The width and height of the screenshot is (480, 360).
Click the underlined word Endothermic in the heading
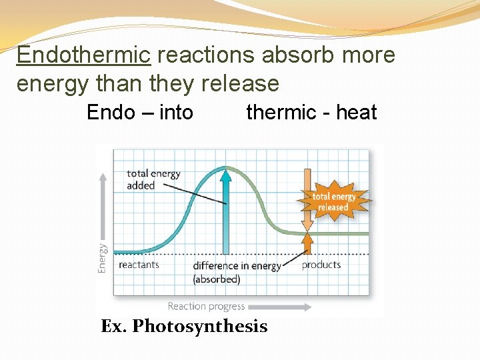[x=83, y=55]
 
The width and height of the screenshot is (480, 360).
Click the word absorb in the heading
[x=291, y=55]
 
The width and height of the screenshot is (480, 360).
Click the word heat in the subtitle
[x=356, y=112]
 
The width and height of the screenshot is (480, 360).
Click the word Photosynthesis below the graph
[x=199, y=326]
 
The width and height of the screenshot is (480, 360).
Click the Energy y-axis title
[x=102, y=257]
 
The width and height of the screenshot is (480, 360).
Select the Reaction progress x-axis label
[x=206, y=307]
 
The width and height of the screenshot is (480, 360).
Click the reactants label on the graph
[x=139, y=265]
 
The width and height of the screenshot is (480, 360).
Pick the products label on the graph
[x=321, y=265]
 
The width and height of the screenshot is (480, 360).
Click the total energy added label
[x=153, y=179]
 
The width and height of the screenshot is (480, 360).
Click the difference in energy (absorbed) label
[x=237, y=272]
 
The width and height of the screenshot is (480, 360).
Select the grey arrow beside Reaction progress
[x=280, y=307]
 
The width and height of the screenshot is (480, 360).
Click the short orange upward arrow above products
[x=307, y=243]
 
